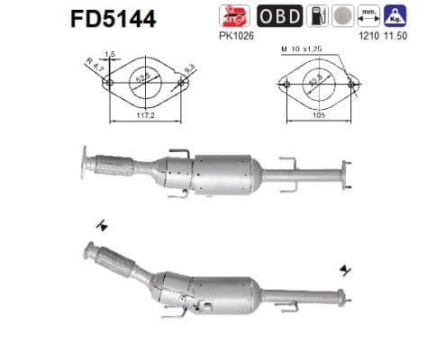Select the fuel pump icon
point(313,16)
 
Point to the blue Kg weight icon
point(394,16)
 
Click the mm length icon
point(366,16)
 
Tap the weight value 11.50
point(394,38)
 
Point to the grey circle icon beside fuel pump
point(340,16)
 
